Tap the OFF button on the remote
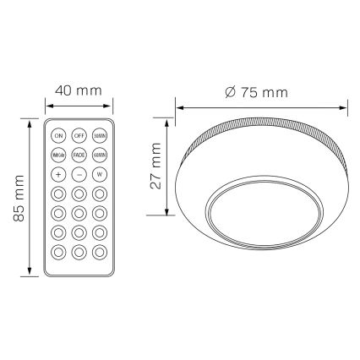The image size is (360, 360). pos(79,135)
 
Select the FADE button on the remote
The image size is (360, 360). pos(79,155)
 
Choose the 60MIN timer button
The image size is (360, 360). pos(100,155)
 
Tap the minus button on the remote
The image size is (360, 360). pos(79,174)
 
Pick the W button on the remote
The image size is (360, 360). pos(100,174)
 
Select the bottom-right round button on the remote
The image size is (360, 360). pos(100,251)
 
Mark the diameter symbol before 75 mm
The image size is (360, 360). pos(231,92)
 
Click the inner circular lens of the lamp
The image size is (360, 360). pos(263,210)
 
